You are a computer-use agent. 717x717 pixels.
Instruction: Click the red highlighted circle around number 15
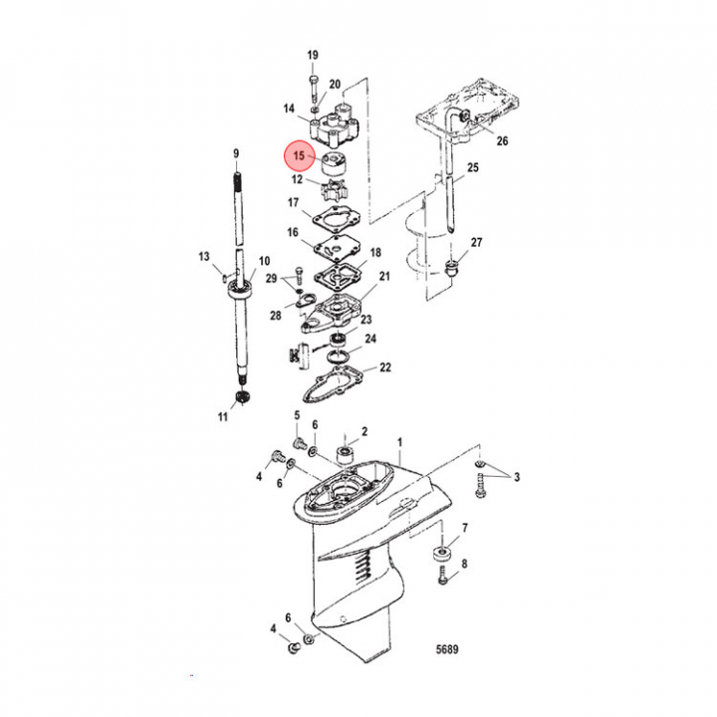click(x=299, y=156)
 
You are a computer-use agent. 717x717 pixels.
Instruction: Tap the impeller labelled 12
click(x=333, y=190)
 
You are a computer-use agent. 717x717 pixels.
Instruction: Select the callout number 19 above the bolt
click(x=313, y=56)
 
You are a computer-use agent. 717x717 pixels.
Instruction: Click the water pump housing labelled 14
click(x=336, y=125)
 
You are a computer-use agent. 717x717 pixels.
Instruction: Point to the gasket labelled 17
click(x=337, y=221)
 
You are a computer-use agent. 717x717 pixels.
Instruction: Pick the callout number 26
click(x=502, y=140)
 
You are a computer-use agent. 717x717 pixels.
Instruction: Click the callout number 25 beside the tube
click(x=473, y=167)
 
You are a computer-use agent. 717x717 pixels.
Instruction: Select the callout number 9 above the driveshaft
click(x=236, y=153)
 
